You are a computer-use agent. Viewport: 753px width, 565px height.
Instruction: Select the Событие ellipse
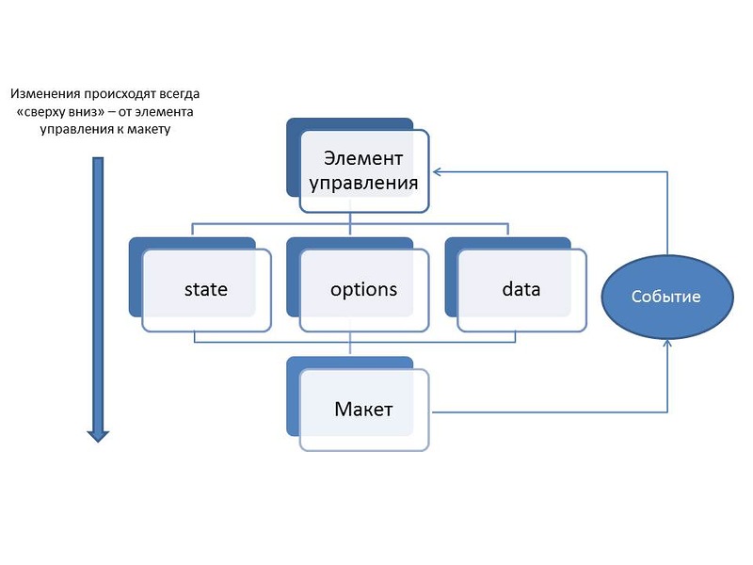point(667,297)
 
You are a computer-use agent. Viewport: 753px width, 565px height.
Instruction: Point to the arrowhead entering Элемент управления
point(437,172)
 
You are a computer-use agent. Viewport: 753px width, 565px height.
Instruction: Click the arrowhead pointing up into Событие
point(667,343)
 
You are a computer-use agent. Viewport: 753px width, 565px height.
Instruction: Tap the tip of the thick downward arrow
point(98,442)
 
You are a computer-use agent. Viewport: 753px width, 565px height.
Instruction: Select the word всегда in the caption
point(178,94)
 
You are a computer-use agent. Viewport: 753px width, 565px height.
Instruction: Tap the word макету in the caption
point(149,129)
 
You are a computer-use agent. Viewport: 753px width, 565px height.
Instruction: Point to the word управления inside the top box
point(363,183)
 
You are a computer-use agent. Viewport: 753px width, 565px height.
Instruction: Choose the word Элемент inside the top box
point(363,158)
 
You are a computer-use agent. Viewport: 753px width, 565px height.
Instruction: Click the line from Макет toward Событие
point(550,412)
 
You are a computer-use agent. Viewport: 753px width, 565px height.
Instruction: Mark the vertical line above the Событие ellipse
point(667,214)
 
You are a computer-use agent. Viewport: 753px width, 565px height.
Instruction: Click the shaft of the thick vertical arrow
point(98,294)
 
